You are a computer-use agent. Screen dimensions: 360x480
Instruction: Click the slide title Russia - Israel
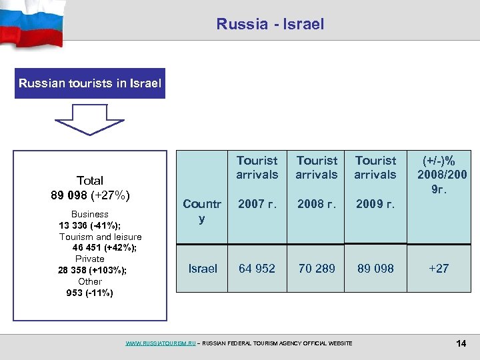[270, 25]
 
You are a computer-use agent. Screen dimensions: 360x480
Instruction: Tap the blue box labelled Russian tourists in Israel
[90, 84]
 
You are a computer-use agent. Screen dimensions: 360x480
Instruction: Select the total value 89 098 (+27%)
[90, 195]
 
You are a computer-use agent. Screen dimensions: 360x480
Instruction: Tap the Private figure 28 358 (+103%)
[93, 270]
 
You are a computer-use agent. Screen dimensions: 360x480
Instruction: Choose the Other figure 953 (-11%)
[90, 293]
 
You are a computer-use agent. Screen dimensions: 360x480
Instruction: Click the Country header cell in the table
[202, 211]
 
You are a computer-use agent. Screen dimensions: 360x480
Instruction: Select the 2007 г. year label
[257, 203]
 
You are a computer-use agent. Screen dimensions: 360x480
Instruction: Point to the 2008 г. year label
[317, 203]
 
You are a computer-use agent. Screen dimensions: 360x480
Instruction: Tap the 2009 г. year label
[375, 203]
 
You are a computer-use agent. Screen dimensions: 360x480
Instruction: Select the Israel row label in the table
[203, 269]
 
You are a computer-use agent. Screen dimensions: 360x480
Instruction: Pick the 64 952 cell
[257, 269]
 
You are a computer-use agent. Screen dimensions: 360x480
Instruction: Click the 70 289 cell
[317, 269]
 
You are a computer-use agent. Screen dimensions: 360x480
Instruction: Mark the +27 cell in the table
[439, 269]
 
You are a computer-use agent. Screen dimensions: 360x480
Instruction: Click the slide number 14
[461, 343]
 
